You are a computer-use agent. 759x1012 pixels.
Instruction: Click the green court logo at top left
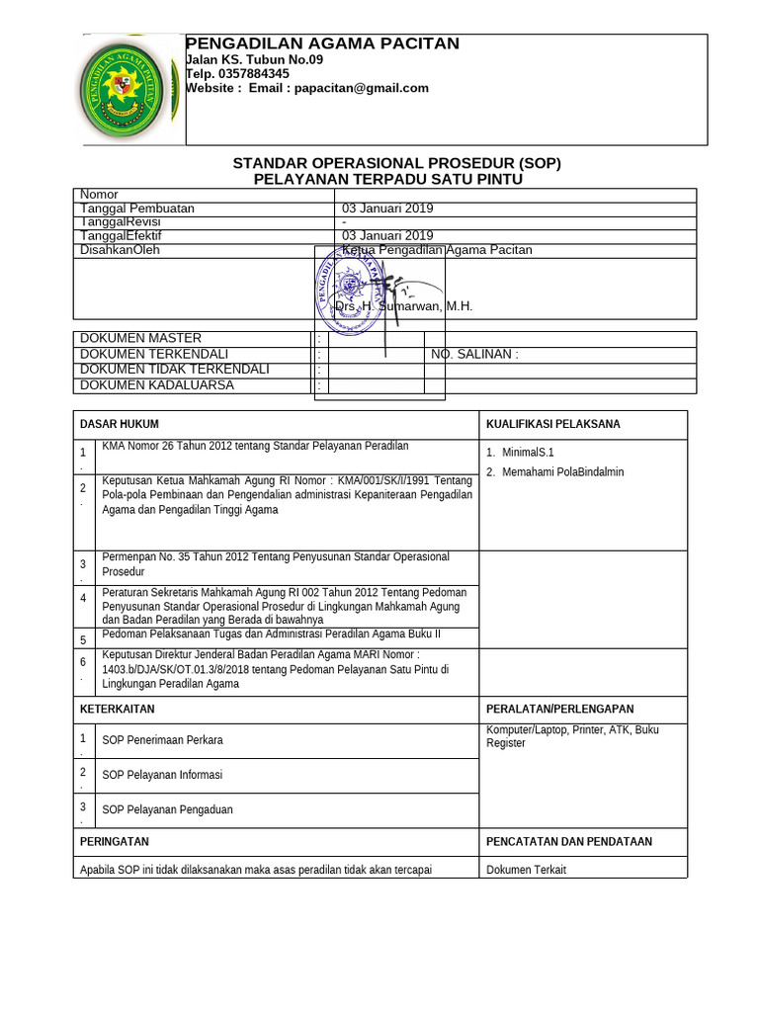tap(129, 90)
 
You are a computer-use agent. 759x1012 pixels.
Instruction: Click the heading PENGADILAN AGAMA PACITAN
tap(323, 43)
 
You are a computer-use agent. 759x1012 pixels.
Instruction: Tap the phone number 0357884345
tap(255, 73)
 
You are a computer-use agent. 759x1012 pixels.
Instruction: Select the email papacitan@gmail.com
tap(360, 88)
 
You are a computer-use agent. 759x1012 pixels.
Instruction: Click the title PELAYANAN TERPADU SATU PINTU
tap(388, 179)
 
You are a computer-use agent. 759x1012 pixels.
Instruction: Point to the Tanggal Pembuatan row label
tap(137, 209)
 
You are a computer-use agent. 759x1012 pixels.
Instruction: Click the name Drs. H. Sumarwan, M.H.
tap(403, 306)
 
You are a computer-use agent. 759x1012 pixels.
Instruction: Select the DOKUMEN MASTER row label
tap(140, 338)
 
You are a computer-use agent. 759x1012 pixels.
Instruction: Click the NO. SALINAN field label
tap(474, 354)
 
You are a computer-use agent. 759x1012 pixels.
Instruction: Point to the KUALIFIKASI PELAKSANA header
tap(552, 424)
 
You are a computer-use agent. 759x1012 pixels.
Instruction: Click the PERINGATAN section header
tap(114, 841)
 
